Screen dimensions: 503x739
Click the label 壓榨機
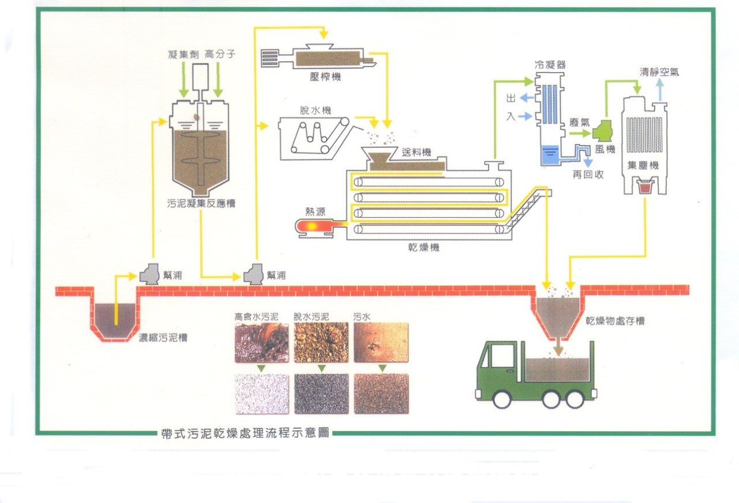click(324, 76)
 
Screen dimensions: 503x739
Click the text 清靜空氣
click(659, 72)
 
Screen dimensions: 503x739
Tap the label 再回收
click(588, 174)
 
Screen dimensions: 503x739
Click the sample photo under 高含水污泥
click(262, 342)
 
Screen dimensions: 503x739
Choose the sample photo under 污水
click(381, 342)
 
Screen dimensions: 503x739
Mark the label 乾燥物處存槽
click(615, 321)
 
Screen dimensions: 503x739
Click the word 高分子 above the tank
click(219, 55)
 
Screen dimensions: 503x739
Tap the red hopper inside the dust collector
click(646, 187)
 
